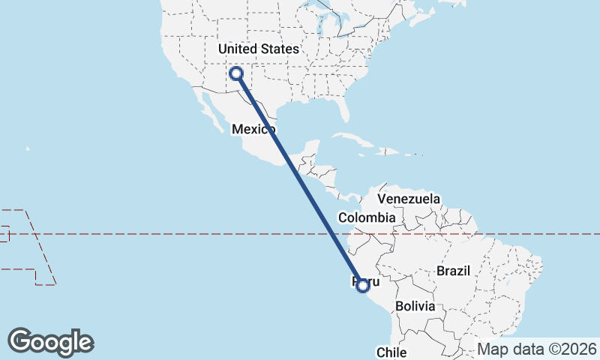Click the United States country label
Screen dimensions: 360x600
(x=258, y=49)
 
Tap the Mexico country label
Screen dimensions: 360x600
(x=250, y=129)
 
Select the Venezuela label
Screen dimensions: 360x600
(x=408, y=199)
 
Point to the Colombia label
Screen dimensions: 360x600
(x=366, y=217)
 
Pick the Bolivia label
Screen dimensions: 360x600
(x=415, y=306)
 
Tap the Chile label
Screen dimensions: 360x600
(x=391, y=352)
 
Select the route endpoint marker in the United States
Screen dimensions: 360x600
(x=236, y=73)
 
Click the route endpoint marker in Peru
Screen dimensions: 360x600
(x=363, y=285)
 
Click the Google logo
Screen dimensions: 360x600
(x=51, y=342)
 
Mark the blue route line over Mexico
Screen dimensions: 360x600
(x=274, y=135)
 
